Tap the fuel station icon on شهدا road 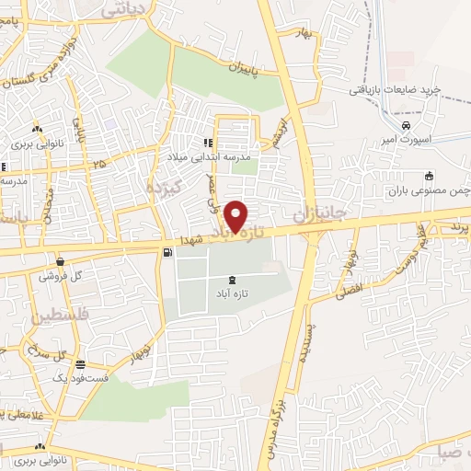[166, 253]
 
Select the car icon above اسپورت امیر [406, 124]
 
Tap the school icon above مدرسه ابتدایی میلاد [208, 143]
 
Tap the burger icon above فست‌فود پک [81, 363]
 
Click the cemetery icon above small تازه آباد [230, 279]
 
